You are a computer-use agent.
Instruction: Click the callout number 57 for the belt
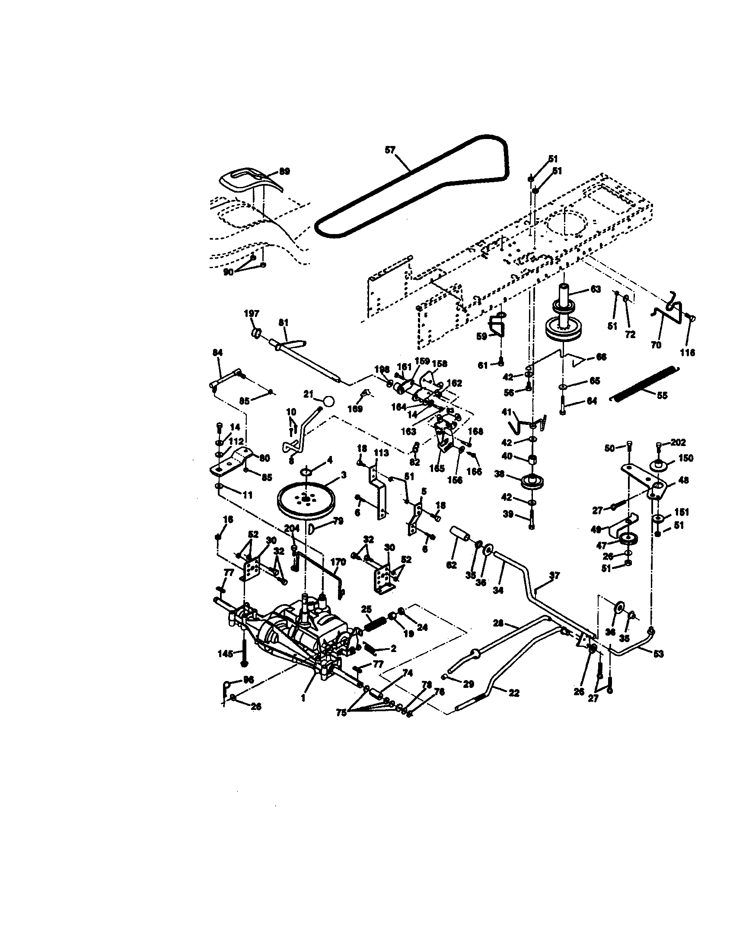coord(390,150)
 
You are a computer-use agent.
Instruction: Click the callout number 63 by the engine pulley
coord(595,289)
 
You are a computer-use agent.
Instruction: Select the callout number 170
coord(338,561)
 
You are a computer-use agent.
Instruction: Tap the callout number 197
coord(252,313)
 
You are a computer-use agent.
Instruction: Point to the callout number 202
coord(678,442)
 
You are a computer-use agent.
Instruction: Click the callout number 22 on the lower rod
coord(514,693)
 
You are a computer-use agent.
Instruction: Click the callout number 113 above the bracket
coord(381,453)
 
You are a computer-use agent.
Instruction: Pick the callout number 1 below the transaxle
coord(303,698)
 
